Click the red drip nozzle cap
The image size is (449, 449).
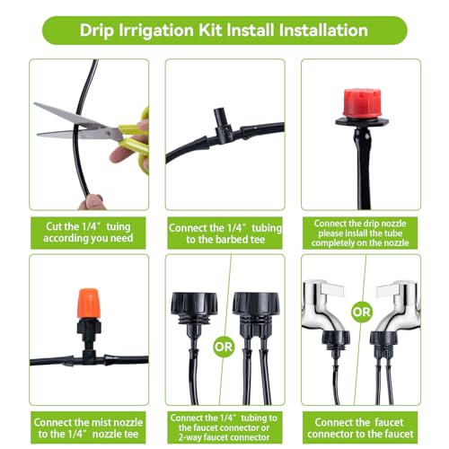coord(361,103)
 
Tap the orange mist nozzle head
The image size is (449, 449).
coord(88,304)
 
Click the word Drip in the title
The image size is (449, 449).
coord(98,31)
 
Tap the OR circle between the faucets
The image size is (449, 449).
coord(362,313)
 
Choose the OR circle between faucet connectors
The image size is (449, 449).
coord(224,347)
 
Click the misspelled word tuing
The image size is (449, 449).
coord(119,227)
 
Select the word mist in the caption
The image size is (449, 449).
coord(103,422)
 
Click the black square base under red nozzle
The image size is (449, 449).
coord(362,121)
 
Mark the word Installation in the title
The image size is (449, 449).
coord(323,31)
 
